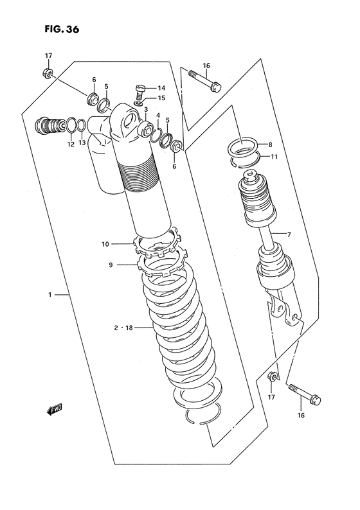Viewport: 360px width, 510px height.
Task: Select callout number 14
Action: click(161, 87)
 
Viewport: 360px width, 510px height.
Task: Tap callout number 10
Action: click(105, 243)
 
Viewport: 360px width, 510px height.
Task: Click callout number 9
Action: click(110, 264)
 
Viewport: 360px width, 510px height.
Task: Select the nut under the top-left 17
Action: click(49, 72)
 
